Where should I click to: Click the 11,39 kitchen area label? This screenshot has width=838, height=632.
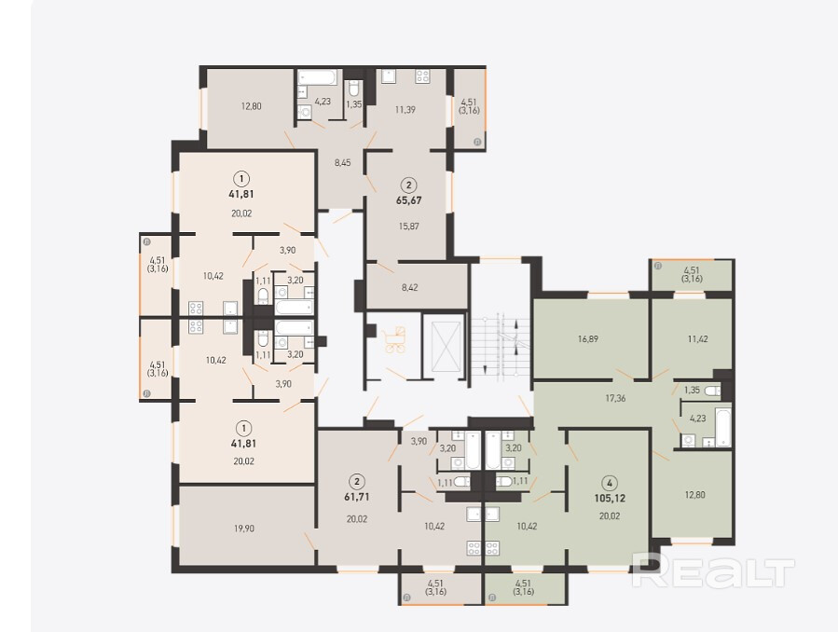click(x=405, y=110)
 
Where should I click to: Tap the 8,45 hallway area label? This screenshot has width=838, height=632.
click(x=343, y=162)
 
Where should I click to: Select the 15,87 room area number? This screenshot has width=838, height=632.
click(x=409, y=226)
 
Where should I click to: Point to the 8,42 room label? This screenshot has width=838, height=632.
click(x=409, y=287)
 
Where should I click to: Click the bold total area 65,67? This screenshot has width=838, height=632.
click(x=409, y=200)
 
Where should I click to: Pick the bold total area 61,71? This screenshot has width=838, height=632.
click(x=356, y=497)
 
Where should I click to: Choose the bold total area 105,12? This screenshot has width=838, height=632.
click(x=610, y=498)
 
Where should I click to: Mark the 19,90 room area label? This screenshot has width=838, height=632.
click(x=243, y=529)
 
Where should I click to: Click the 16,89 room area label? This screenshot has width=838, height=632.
click(x=588, y=338)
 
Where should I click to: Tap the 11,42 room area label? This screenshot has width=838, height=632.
click(x=698, y=338)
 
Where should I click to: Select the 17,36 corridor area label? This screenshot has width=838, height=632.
click(x=615, y=398)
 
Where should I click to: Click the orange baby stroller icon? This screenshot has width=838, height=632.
click(x=395, y=340)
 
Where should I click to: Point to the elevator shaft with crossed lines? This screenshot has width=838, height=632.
click(x=442, y=346)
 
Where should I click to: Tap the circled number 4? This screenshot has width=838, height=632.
click(x=610, y=484)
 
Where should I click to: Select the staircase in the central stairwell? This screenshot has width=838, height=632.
click(x=501, y=349)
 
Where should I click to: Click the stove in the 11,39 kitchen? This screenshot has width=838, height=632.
click(x=423, y=76)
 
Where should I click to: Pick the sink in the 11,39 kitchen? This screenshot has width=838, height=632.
click(x=389, y=76)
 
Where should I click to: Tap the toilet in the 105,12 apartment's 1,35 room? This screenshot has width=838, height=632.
click(x=712, y=392)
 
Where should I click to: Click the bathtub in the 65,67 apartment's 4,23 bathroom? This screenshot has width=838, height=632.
click(x=318, y=78)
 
